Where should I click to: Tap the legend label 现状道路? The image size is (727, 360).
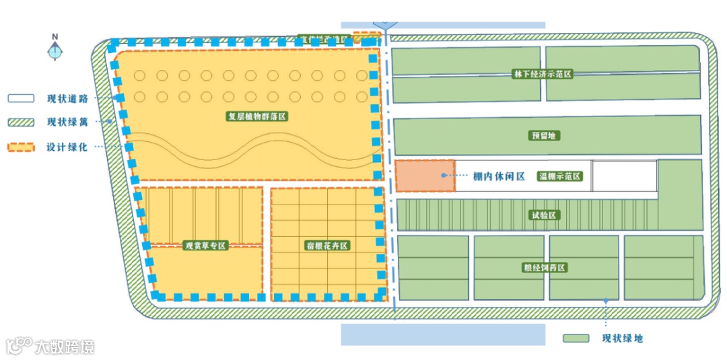67,98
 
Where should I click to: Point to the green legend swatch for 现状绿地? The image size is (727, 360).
576,338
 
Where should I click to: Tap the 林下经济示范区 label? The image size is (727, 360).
542,74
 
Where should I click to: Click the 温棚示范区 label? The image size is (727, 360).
559,176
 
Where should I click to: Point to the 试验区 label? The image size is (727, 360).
543,215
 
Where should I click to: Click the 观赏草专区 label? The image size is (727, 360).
205,246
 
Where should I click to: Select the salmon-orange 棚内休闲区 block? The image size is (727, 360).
425,176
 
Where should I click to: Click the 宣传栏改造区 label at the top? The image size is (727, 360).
324,39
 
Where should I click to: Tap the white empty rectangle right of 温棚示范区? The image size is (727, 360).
624,176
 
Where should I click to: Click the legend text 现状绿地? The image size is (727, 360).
622,338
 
